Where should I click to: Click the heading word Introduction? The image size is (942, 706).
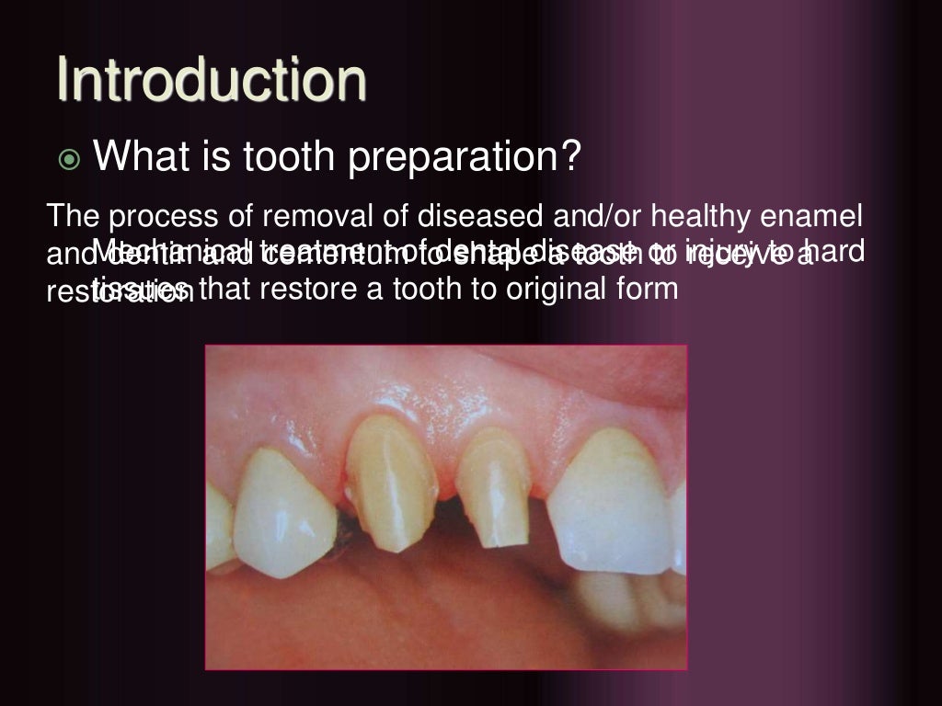212,80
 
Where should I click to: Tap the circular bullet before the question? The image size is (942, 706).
70,160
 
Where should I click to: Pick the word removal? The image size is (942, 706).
300,218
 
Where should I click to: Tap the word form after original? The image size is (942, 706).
649,289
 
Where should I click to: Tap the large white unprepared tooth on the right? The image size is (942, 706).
615,496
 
